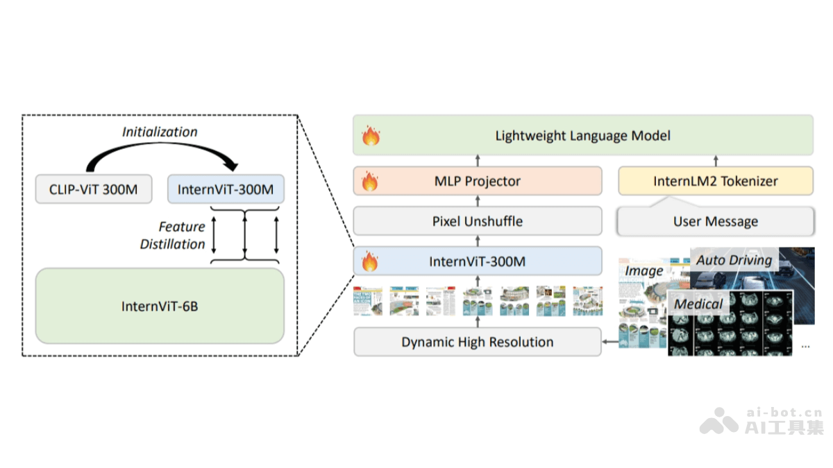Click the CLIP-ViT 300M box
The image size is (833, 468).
94,189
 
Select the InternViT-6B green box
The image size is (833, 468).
160,306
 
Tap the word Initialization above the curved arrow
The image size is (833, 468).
160,132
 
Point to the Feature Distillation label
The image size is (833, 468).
173,235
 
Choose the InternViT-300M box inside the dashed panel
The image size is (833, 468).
226,189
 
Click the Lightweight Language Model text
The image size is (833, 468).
582,135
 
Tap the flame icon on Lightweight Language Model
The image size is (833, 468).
371,135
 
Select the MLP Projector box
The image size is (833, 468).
478,181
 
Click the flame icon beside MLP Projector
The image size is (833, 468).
371,182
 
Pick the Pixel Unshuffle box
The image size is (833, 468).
478,221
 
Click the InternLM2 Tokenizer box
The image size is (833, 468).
716,181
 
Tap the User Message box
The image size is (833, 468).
716,222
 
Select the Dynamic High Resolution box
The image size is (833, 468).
478,342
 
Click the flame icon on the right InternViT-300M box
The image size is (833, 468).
371,261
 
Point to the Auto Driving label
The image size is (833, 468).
734,260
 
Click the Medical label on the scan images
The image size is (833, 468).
698,304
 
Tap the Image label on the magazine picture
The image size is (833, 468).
643,270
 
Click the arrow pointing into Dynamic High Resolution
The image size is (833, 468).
610,342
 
